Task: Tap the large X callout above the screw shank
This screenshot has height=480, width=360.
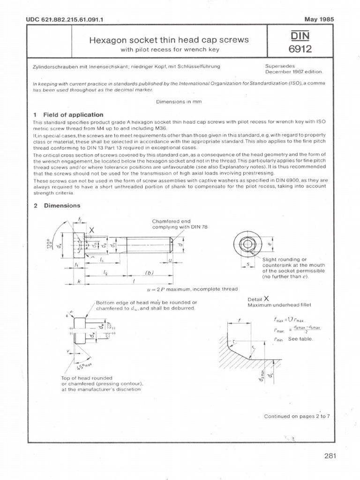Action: pos(91,230)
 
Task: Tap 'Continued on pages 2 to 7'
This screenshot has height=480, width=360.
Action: pos(297,416)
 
